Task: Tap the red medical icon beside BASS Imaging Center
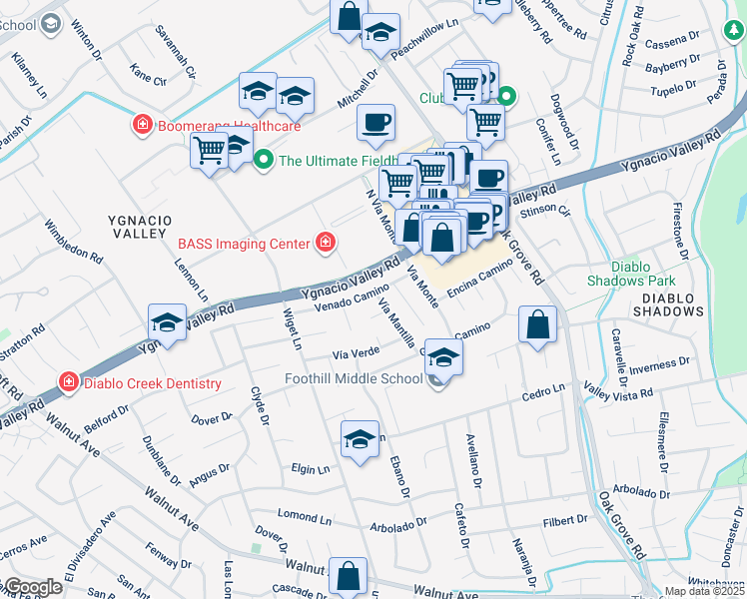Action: [x=325, y=242]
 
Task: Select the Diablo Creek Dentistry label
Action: [x=152, y=383]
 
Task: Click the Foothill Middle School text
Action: [x=354, y=378]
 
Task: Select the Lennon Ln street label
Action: [x=197, y=281]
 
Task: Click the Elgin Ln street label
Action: [x=311, y=468]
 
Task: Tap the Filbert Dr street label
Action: [x=565, y=520]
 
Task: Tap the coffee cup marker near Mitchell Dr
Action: [x=375, y=123]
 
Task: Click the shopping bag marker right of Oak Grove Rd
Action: [x=537, y=324]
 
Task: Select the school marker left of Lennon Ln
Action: [x=167, y=322]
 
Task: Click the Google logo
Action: [x=33, y=587]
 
